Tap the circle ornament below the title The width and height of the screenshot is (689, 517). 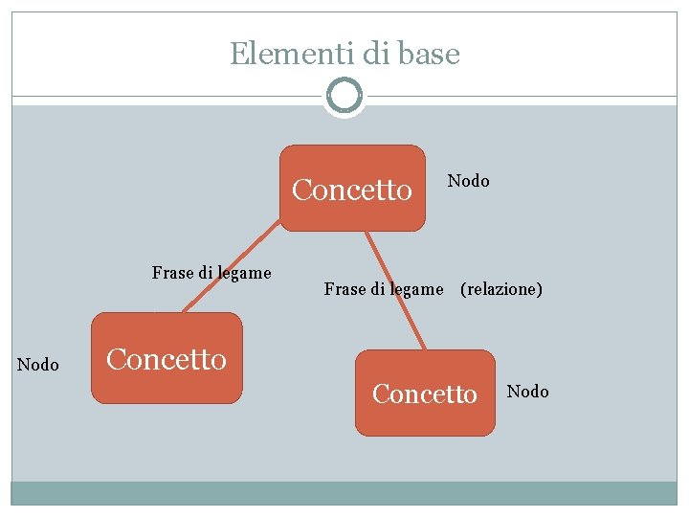[344, 96]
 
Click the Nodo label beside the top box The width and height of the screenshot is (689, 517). [469, 181]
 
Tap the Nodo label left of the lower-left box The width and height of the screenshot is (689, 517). [38, 365]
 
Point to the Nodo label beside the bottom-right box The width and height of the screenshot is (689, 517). [527, 392]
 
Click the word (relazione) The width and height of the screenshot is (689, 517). [501, 289]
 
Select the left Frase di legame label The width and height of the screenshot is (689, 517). [211, 273]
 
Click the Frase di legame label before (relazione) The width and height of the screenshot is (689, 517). [384, 289]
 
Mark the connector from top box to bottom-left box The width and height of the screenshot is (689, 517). [230, 270]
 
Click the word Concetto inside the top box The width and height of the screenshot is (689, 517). [352, 191]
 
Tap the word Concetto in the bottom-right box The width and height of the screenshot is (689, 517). [425, 393]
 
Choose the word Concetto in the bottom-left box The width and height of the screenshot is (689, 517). [167, 359]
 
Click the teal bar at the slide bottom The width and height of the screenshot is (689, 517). [344, 492]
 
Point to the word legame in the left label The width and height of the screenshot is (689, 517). [243, 273]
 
